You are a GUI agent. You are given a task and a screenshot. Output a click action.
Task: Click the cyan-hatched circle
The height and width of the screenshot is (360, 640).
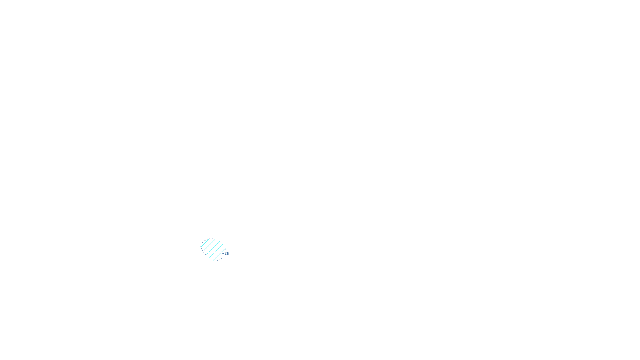(x=213, y=249)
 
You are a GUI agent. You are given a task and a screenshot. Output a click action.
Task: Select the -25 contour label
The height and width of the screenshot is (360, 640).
(x=226, y=254)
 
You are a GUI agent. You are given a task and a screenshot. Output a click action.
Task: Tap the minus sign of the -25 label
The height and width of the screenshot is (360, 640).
(x=224, y=254)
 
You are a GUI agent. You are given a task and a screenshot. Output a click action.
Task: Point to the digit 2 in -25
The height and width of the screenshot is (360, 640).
(x=226, y=254)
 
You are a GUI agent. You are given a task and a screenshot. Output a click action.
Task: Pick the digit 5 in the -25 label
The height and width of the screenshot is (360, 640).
(x=228, y=254)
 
